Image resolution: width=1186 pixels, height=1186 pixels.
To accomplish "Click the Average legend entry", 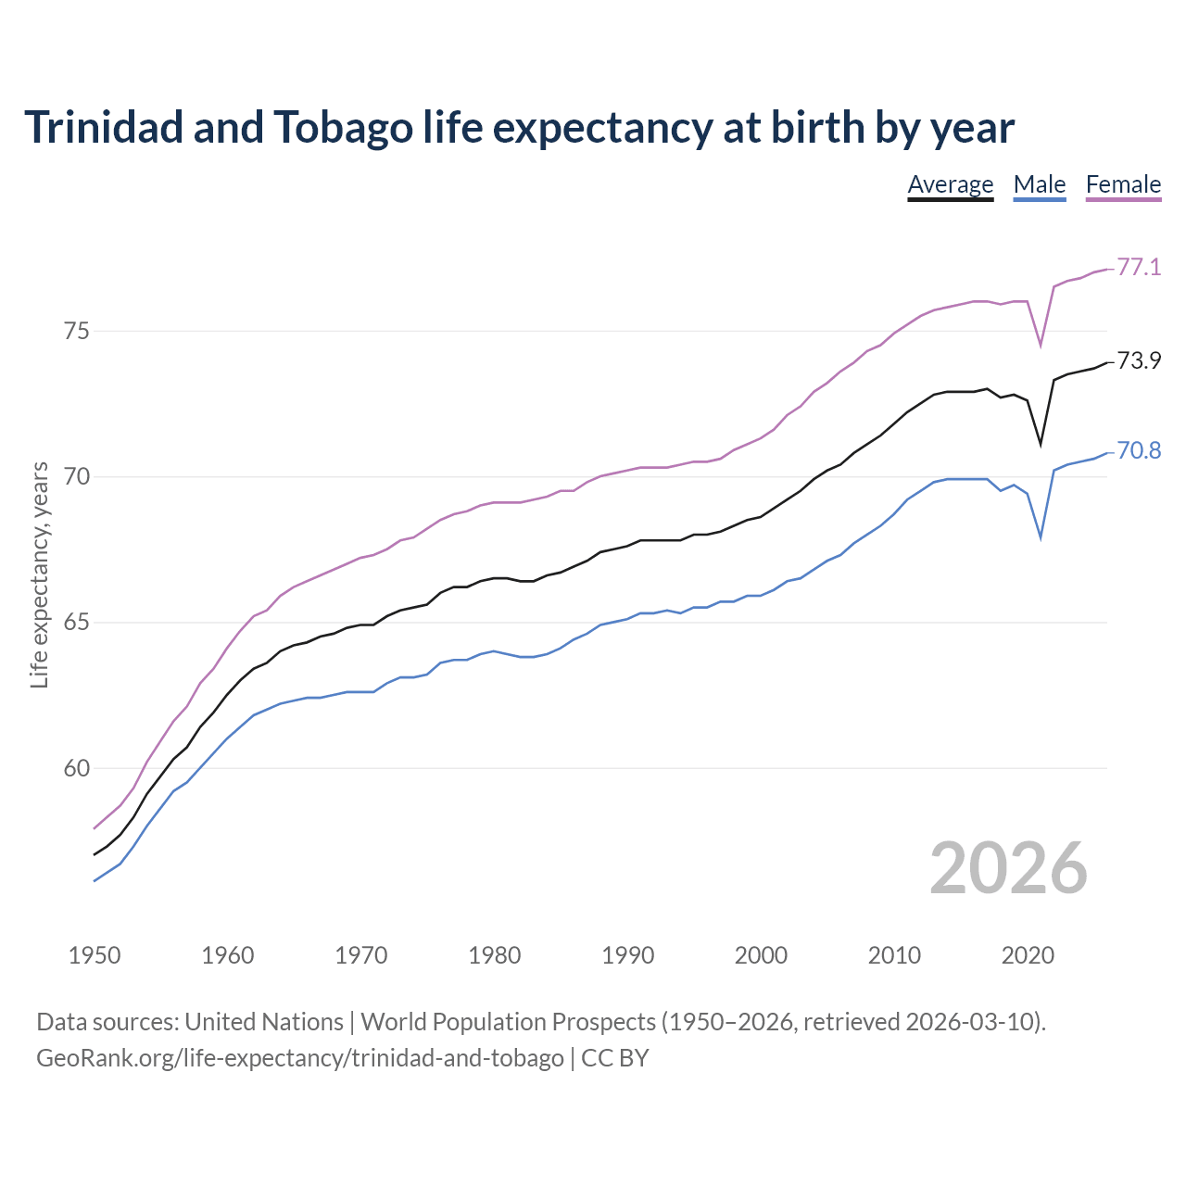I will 950,184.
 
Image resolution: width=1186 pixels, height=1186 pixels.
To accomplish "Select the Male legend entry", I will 1040,184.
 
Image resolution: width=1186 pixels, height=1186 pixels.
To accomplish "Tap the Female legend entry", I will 1123,184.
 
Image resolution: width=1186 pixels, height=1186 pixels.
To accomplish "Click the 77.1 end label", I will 1139,268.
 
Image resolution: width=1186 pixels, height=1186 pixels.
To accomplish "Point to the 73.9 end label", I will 1139,360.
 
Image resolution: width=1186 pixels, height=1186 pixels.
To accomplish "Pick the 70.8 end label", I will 1139,451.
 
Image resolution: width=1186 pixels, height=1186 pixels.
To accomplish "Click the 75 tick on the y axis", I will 77,331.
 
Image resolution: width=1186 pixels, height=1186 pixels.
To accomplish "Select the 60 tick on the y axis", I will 77,768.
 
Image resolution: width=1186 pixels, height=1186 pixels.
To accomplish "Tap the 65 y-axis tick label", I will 77,623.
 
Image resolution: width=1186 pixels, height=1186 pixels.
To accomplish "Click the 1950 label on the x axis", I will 95,955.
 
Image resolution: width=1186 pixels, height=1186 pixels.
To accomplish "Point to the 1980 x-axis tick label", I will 495,955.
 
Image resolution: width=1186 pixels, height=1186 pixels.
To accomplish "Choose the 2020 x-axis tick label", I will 1028,955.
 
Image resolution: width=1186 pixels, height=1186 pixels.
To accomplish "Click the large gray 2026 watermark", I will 1008,868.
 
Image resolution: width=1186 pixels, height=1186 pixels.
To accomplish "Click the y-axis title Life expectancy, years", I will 40,574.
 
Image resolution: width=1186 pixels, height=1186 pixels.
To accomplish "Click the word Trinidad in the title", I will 104,127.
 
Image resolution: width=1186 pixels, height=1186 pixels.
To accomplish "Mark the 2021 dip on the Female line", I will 1041,346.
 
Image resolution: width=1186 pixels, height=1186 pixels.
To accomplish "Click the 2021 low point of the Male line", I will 1041,537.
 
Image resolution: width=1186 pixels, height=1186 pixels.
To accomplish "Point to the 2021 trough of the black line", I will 1041,445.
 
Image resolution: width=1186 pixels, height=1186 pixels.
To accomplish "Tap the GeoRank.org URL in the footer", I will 299,1057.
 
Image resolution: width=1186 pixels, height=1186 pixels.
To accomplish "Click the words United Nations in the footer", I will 264,1022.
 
